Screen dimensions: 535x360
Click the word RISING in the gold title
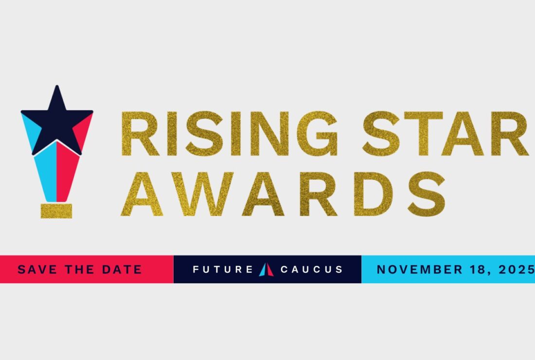click(230, 134)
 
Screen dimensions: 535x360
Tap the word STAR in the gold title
click(445, 134)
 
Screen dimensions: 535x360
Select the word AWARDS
click(283, 194)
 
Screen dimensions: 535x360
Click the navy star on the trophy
click(57, 120)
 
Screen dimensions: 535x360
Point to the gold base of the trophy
click(56, 211)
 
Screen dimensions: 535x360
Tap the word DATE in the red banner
click(122, 270)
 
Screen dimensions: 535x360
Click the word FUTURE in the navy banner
click(223, 270)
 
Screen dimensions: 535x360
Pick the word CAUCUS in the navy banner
click(311, 270)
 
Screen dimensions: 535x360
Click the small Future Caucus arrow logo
click(266, 269)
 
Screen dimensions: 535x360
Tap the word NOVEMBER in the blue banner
click(420, 270)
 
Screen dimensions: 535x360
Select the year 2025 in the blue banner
click(517, 270)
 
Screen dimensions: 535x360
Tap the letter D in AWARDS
click(373, 194)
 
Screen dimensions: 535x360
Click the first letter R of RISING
click(140, 134)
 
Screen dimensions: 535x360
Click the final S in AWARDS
click(427, 194)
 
